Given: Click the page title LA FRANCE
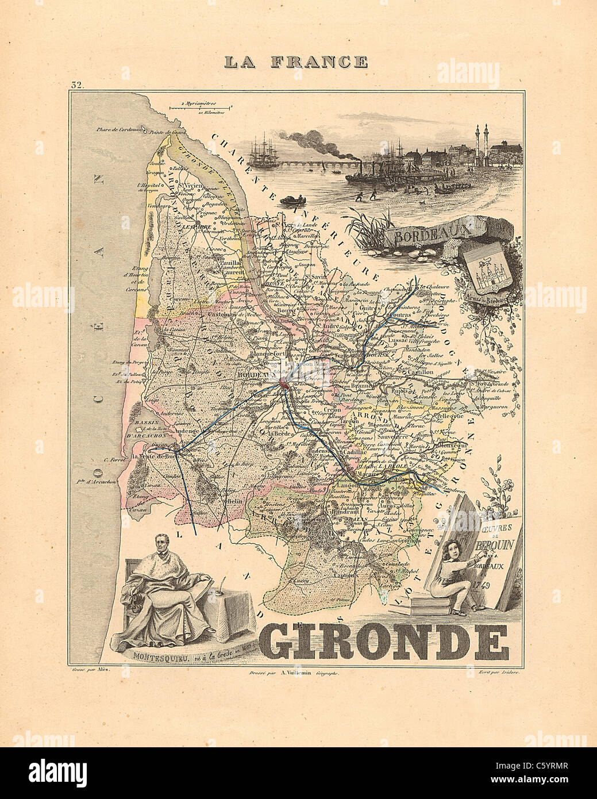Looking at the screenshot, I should click(x=295, y=62).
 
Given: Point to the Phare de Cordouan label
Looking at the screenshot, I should click(x=111, y=129).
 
